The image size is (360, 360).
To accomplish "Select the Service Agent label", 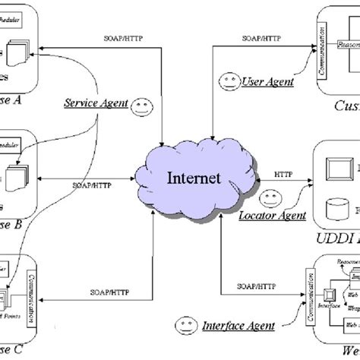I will (96, 103).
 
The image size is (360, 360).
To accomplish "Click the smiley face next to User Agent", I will (227, 81).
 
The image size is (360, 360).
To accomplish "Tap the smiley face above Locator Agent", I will (268, 199).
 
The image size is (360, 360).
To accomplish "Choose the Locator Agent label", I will (272, 216).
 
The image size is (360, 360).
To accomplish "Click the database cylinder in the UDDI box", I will (333, 205).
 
